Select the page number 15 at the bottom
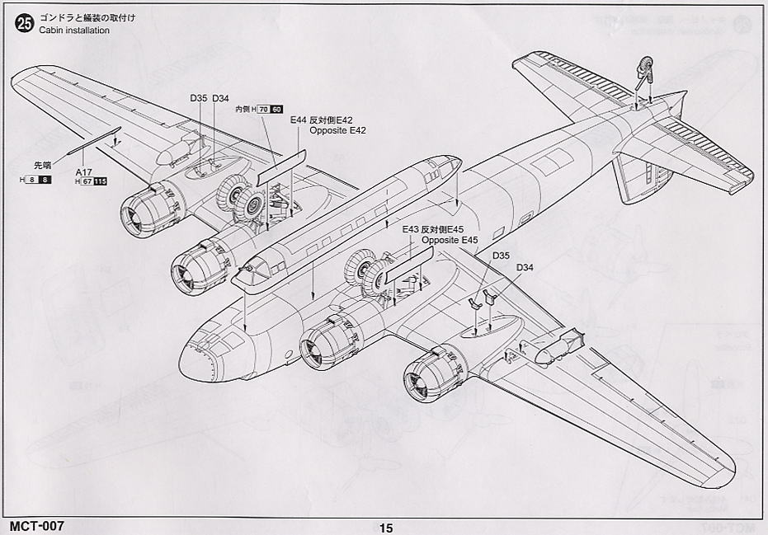(x=386, y=528)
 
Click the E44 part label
(x=299, y=120)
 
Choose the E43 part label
(x=411, y=230)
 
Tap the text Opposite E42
(x=337, y=130)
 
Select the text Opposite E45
(x=450, y=240)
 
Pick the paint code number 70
(x=263, y=109)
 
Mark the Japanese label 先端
(x=41, y=163)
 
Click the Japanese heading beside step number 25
(x=79, y=16)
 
